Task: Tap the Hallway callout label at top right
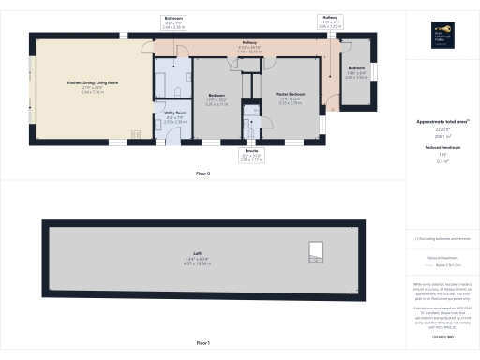[331, 18]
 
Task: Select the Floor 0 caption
[202, 174]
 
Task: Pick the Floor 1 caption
[202, 344]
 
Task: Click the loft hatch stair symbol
[318, 249]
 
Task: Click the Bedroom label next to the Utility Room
[216, 96]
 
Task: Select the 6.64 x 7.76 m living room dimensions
[85, 92]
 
